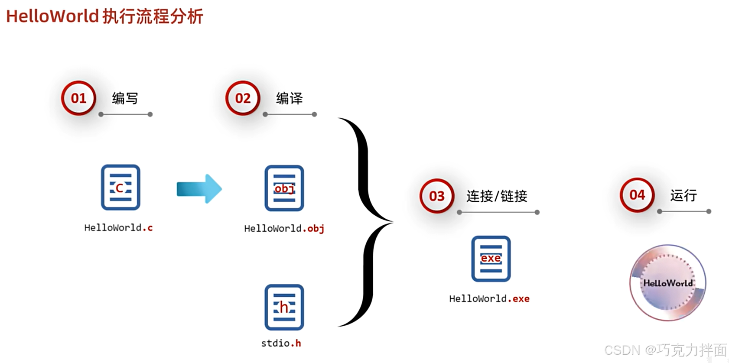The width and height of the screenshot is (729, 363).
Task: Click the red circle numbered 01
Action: coord(78,98)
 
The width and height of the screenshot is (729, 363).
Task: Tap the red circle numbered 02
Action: coord(243,98)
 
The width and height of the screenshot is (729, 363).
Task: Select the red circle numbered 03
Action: coord(437,196)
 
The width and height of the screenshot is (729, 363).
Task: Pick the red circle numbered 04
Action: coord(637,195)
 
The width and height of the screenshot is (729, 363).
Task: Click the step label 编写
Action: coord(125,98)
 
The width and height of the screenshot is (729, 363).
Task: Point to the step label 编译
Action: coord(289,98)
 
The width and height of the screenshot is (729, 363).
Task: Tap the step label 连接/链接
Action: coord(497,196)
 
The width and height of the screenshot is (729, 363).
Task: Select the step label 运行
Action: coord(683,195)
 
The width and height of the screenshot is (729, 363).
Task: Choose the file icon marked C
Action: coord(120,187)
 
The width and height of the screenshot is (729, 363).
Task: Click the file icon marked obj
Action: coord(284,188)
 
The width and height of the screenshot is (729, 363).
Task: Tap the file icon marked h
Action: coord(284,307)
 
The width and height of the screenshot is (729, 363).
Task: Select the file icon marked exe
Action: coord(491,259)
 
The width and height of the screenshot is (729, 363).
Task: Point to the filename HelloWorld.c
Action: coord(118,227)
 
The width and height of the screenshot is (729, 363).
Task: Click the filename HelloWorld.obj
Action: coord(284,228)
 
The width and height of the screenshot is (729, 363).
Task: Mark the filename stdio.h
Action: coord(281,343)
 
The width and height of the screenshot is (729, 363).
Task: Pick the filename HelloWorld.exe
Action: coord(489,298)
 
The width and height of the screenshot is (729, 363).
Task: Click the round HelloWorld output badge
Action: coord(668,283)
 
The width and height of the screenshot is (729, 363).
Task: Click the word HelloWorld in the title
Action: coord(52,16)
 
